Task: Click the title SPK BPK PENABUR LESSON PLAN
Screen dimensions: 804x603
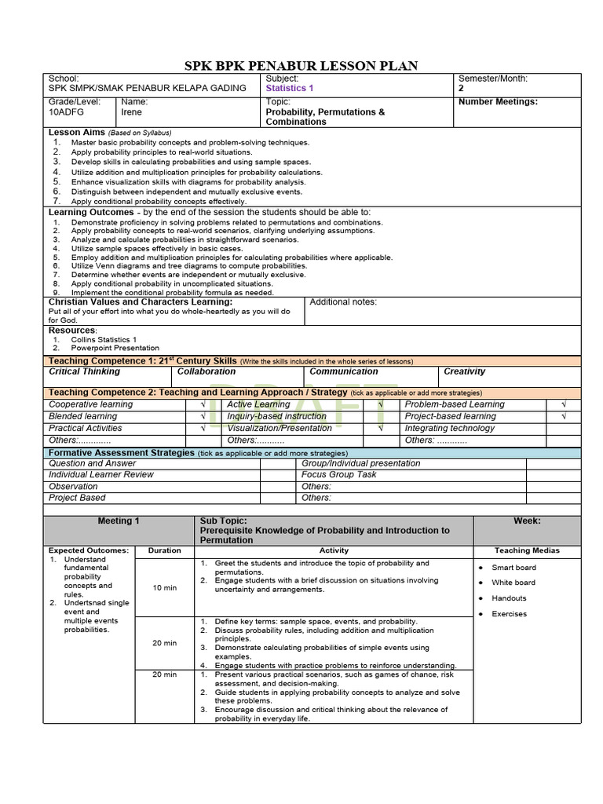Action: [x=301, y=66]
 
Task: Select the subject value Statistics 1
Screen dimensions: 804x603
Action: [x=290, y=89]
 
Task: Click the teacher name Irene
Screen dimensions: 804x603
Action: [x=132, y=112]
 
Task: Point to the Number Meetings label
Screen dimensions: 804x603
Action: [x=498, y=101]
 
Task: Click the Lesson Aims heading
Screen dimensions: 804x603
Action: [x=76, y=133]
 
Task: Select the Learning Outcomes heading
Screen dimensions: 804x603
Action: [x=91, y=212]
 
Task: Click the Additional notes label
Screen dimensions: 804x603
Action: [x=343, y=302]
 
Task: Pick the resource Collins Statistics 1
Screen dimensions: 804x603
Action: [x=104, y=339]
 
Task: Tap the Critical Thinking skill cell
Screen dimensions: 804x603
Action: [x=85, y=371]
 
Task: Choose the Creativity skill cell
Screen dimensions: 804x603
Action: [x=464, y=371]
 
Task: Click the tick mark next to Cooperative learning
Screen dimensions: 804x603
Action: [x=203, y=405]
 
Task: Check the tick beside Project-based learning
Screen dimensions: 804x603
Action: [x=564, y=417]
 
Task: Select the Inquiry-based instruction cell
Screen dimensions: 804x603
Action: [x=276, y=416]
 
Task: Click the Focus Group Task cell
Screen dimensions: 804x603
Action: [x=338, y=474]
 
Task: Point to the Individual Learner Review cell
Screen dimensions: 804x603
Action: [x=101, y=474]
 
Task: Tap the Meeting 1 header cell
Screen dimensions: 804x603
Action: [x=119, y=521]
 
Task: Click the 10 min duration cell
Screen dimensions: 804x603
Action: [x=165, y=587]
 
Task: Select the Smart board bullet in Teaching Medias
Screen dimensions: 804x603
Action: [x=513, y=567]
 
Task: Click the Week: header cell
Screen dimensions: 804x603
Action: [x=526, y=521]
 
